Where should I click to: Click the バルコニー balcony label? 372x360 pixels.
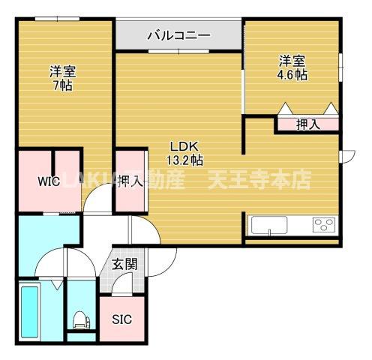click(x=178, y=34)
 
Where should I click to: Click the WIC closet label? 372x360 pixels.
click(x=50, y=181)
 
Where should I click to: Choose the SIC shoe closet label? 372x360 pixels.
click(x=121, y=319)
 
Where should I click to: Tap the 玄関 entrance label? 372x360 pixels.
click(x=124, y=263)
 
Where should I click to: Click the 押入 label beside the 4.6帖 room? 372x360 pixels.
click(x=307, y=124)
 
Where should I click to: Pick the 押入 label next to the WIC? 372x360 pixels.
click(x=130, y=181)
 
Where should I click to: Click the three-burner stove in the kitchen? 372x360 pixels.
click(x=324, y=225)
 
